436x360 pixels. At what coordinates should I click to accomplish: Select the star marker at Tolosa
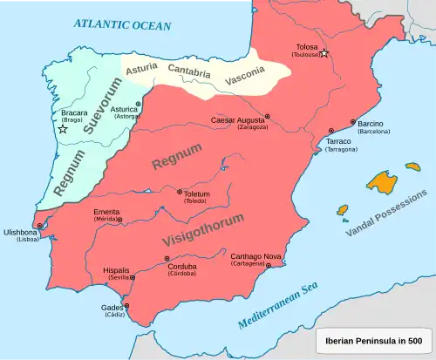coord(324,53)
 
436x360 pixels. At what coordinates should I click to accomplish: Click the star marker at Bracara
coord(63,129)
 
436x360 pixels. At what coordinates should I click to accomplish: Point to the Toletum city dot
coord(180,193)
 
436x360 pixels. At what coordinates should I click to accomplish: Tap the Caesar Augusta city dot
coord(268,116)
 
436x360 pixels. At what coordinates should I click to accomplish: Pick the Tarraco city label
coord(338,141)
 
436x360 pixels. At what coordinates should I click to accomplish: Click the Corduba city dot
coord(166,260)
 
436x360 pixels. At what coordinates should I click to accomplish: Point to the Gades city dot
coord(126,306)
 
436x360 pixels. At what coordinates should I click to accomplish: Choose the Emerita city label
coord(104,212)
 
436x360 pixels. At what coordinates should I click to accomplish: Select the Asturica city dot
coord(138,104)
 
